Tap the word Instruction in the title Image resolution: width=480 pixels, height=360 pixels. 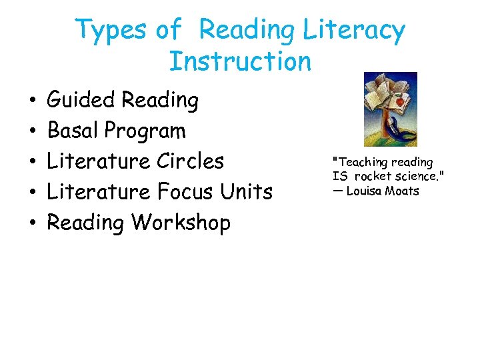pyautogui.click(x=240, y=61)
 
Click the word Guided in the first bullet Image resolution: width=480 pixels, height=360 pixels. pyautogui.click(x=81, y=101)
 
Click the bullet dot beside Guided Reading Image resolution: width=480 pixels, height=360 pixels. pyautogui.click(x=32, y=101)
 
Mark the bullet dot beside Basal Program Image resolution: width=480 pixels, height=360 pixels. pyautogui.click(x=32, y=132)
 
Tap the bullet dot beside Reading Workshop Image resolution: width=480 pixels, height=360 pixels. pyautogui.click(x=32, y=223)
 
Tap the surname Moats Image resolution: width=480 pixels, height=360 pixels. pyautogui.click(x=402, y=191)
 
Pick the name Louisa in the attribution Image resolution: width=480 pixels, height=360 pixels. pyautogui.click(x=364, y=191)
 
